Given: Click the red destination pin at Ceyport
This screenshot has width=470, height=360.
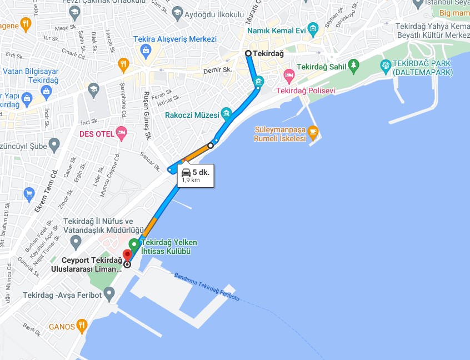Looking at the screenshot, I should [x=127, y=255].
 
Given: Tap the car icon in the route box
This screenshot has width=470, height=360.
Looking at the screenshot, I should [x=186, y=172].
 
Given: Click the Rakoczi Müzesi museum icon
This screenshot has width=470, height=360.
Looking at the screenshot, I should [x=226, y=114].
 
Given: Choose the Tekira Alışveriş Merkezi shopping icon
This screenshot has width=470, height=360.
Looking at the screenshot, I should [x=146, y=52].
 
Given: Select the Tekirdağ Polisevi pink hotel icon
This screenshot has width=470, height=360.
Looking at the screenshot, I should [x=288, y=74].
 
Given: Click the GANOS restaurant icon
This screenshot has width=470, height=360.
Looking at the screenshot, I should [x=82, y=325].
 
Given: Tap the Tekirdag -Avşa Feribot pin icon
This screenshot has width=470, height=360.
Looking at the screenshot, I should [x=109, y=292].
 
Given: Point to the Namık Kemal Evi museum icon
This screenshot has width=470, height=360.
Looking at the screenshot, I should [x=313, y=28].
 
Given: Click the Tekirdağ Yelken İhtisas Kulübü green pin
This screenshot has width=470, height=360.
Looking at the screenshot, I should [x=134, y=244].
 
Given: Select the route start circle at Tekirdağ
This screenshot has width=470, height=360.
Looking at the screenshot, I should [x=248, y=53].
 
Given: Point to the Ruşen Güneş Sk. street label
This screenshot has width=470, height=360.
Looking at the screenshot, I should [x=147, y=115].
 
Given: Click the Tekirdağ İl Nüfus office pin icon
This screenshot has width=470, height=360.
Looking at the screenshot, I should [x=76, y=242].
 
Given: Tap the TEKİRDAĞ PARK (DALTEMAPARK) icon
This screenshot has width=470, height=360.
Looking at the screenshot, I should [x=386, y=66].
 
